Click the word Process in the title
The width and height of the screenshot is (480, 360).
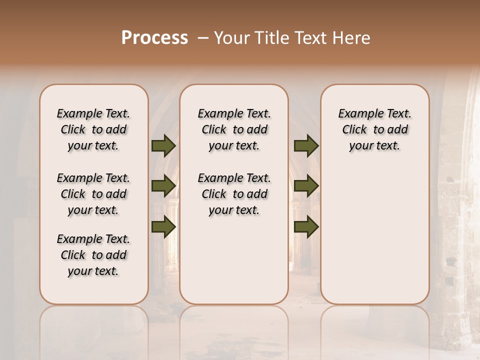(154, 38)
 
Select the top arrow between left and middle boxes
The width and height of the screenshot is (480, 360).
(163, 145)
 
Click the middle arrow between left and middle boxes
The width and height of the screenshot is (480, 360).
(163, 186)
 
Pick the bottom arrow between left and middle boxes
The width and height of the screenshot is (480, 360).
(163, 226)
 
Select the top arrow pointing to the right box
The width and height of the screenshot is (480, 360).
(306, 145)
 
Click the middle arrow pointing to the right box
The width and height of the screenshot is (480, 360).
(306, 186)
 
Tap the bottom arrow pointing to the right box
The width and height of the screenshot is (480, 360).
(306, 226)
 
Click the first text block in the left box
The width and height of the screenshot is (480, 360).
(93, 129)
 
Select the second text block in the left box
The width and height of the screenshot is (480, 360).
(93, 194)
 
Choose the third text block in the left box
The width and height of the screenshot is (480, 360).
(93, 255)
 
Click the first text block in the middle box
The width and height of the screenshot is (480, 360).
(234, 129)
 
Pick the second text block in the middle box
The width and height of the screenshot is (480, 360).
(234, 194)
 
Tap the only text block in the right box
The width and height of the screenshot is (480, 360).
(374, 129)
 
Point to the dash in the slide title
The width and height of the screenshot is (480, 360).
(203, 38)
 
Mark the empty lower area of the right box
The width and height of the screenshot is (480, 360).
(374, 235)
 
